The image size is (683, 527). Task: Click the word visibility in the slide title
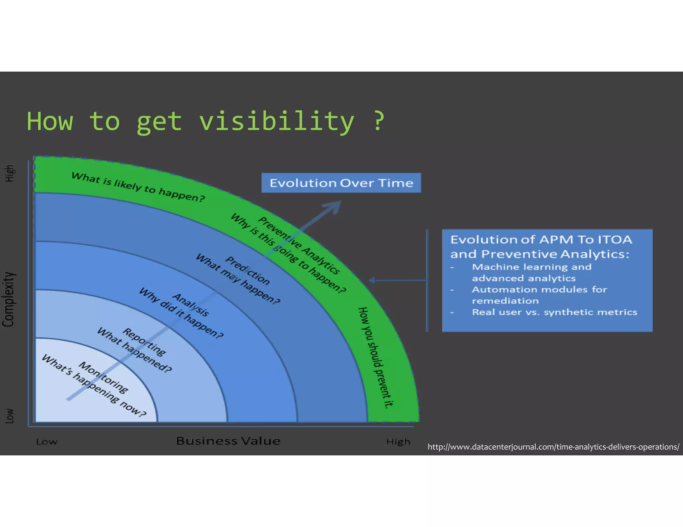(277, 122)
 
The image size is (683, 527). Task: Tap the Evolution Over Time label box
(341, 183)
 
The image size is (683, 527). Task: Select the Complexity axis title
(9, 299)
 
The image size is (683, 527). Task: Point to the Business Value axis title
(228, 441)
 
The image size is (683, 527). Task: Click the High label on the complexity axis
(9, 173)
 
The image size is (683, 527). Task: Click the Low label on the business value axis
(47, 442)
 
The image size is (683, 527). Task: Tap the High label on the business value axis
(398, 442)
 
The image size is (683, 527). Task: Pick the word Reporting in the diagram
(144, 342)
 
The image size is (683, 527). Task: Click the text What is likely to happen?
(138, 187)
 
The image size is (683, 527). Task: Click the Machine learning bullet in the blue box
(532, 272)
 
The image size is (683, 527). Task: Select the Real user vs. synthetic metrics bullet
(554, 312)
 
